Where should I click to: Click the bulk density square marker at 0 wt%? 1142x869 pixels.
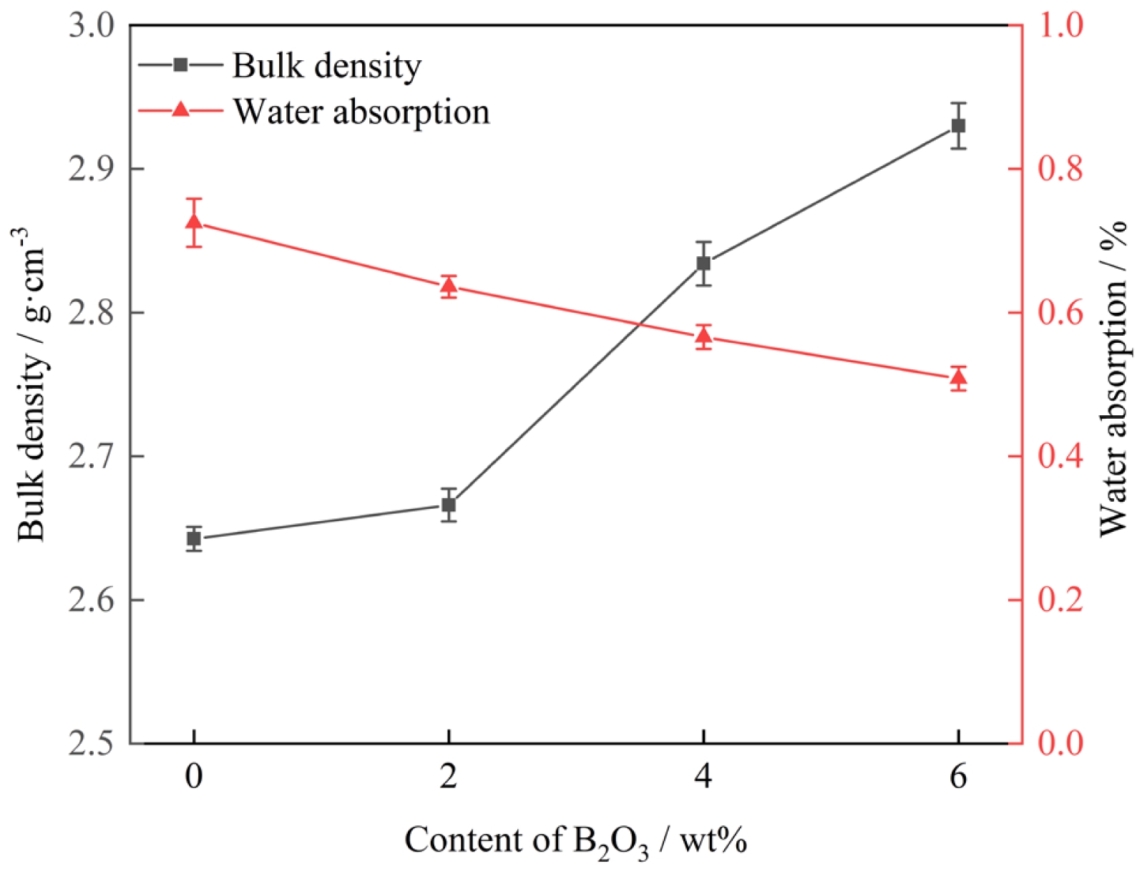pyautogui.click(x=194, y=539)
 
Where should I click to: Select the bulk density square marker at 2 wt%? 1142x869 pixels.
pyautogui.click(x=449, y=505)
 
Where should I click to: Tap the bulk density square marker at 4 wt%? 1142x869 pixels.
pyautogui.click(x=703, y=263)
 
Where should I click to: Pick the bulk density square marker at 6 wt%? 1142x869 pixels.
pyautogui.click(x=958, y=126)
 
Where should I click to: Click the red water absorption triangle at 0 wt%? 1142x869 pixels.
pyautogui.click(x=194, y=222)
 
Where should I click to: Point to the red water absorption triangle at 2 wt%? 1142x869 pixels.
pyautogui.click(x=449, y=286)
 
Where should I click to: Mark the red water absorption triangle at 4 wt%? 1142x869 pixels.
pyautogui.click(x=703, y=335)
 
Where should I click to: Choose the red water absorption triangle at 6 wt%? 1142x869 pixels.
pyautogui.click(x=958, y=377)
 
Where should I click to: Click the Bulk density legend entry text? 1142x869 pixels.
pyautogui.click(x=327, y=66)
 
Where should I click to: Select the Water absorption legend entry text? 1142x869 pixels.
pyautogui.click(x=361, y=112)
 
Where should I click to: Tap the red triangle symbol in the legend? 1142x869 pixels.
pyautogui.click(x=180, y=110)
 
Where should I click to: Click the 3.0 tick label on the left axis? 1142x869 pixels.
pyautogui.click(x=91, y=26)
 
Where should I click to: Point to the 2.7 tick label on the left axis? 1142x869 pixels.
pyautogui.click(x=91, y=456)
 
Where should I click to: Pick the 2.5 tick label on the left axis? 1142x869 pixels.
pyautogui.click(x=91, y=743)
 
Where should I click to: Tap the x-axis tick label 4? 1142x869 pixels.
pyautogui.click(x=703, y=776)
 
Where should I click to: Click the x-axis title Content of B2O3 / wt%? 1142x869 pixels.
pyautogui.click(x=575, y=840)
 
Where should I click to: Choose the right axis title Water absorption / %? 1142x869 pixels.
pyautogui.click(x=1112, y=379)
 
